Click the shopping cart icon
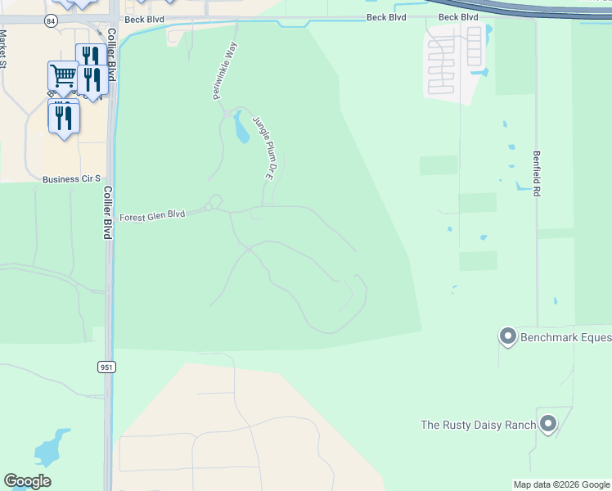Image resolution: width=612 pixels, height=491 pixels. [x=63, y=76]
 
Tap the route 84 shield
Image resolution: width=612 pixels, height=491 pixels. [x=52, y=21]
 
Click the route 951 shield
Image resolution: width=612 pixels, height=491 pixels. [x=107, y=367]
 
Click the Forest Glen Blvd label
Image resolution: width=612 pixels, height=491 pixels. [x=152, y=217]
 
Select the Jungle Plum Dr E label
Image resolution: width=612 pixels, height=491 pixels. [x=261, y=148]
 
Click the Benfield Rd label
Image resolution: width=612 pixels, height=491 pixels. [x=538, y=172]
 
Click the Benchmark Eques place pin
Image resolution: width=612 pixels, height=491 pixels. [x=508, y=336]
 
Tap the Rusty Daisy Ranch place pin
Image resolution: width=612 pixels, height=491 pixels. [x=548, y=423]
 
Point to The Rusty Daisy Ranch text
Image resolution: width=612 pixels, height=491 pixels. [x=478, y=425]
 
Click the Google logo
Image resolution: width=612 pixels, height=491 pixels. [x=27, y=481]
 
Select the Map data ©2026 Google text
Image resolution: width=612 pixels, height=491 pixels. [x=560, y=484]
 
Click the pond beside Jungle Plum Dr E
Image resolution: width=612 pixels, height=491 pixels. [x=241, y=128]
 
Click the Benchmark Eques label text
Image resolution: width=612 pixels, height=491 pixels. [x=565, y=337]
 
